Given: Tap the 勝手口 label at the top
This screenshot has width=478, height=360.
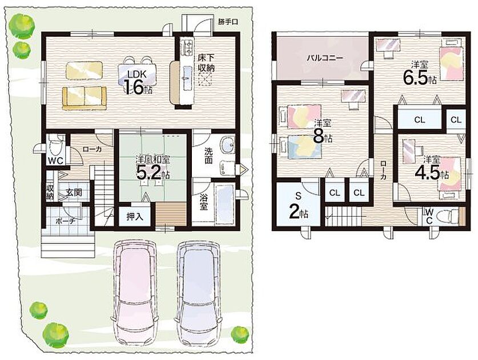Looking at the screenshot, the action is (228, 22).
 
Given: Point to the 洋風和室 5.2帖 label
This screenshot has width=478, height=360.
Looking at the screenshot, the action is (152, 168).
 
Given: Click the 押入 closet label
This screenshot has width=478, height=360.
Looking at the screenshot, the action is (135, 217).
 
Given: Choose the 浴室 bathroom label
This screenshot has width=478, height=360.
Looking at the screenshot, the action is (204, 201).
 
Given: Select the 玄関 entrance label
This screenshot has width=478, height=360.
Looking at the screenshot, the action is (74, 193).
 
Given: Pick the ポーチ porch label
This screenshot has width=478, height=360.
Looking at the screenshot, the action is (65, 221).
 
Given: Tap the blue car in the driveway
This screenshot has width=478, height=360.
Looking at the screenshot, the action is (198, 293).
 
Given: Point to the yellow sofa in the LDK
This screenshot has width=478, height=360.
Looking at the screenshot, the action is (85, 98).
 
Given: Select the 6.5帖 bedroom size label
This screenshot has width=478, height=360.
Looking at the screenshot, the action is (420, 79).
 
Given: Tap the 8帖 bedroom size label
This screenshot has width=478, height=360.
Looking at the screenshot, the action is (323, 137).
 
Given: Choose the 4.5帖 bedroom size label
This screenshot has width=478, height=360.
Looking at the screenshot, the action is (431, 173).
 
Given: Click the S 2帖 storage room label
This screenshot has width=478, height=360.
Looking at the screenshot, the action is (298, 206).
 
